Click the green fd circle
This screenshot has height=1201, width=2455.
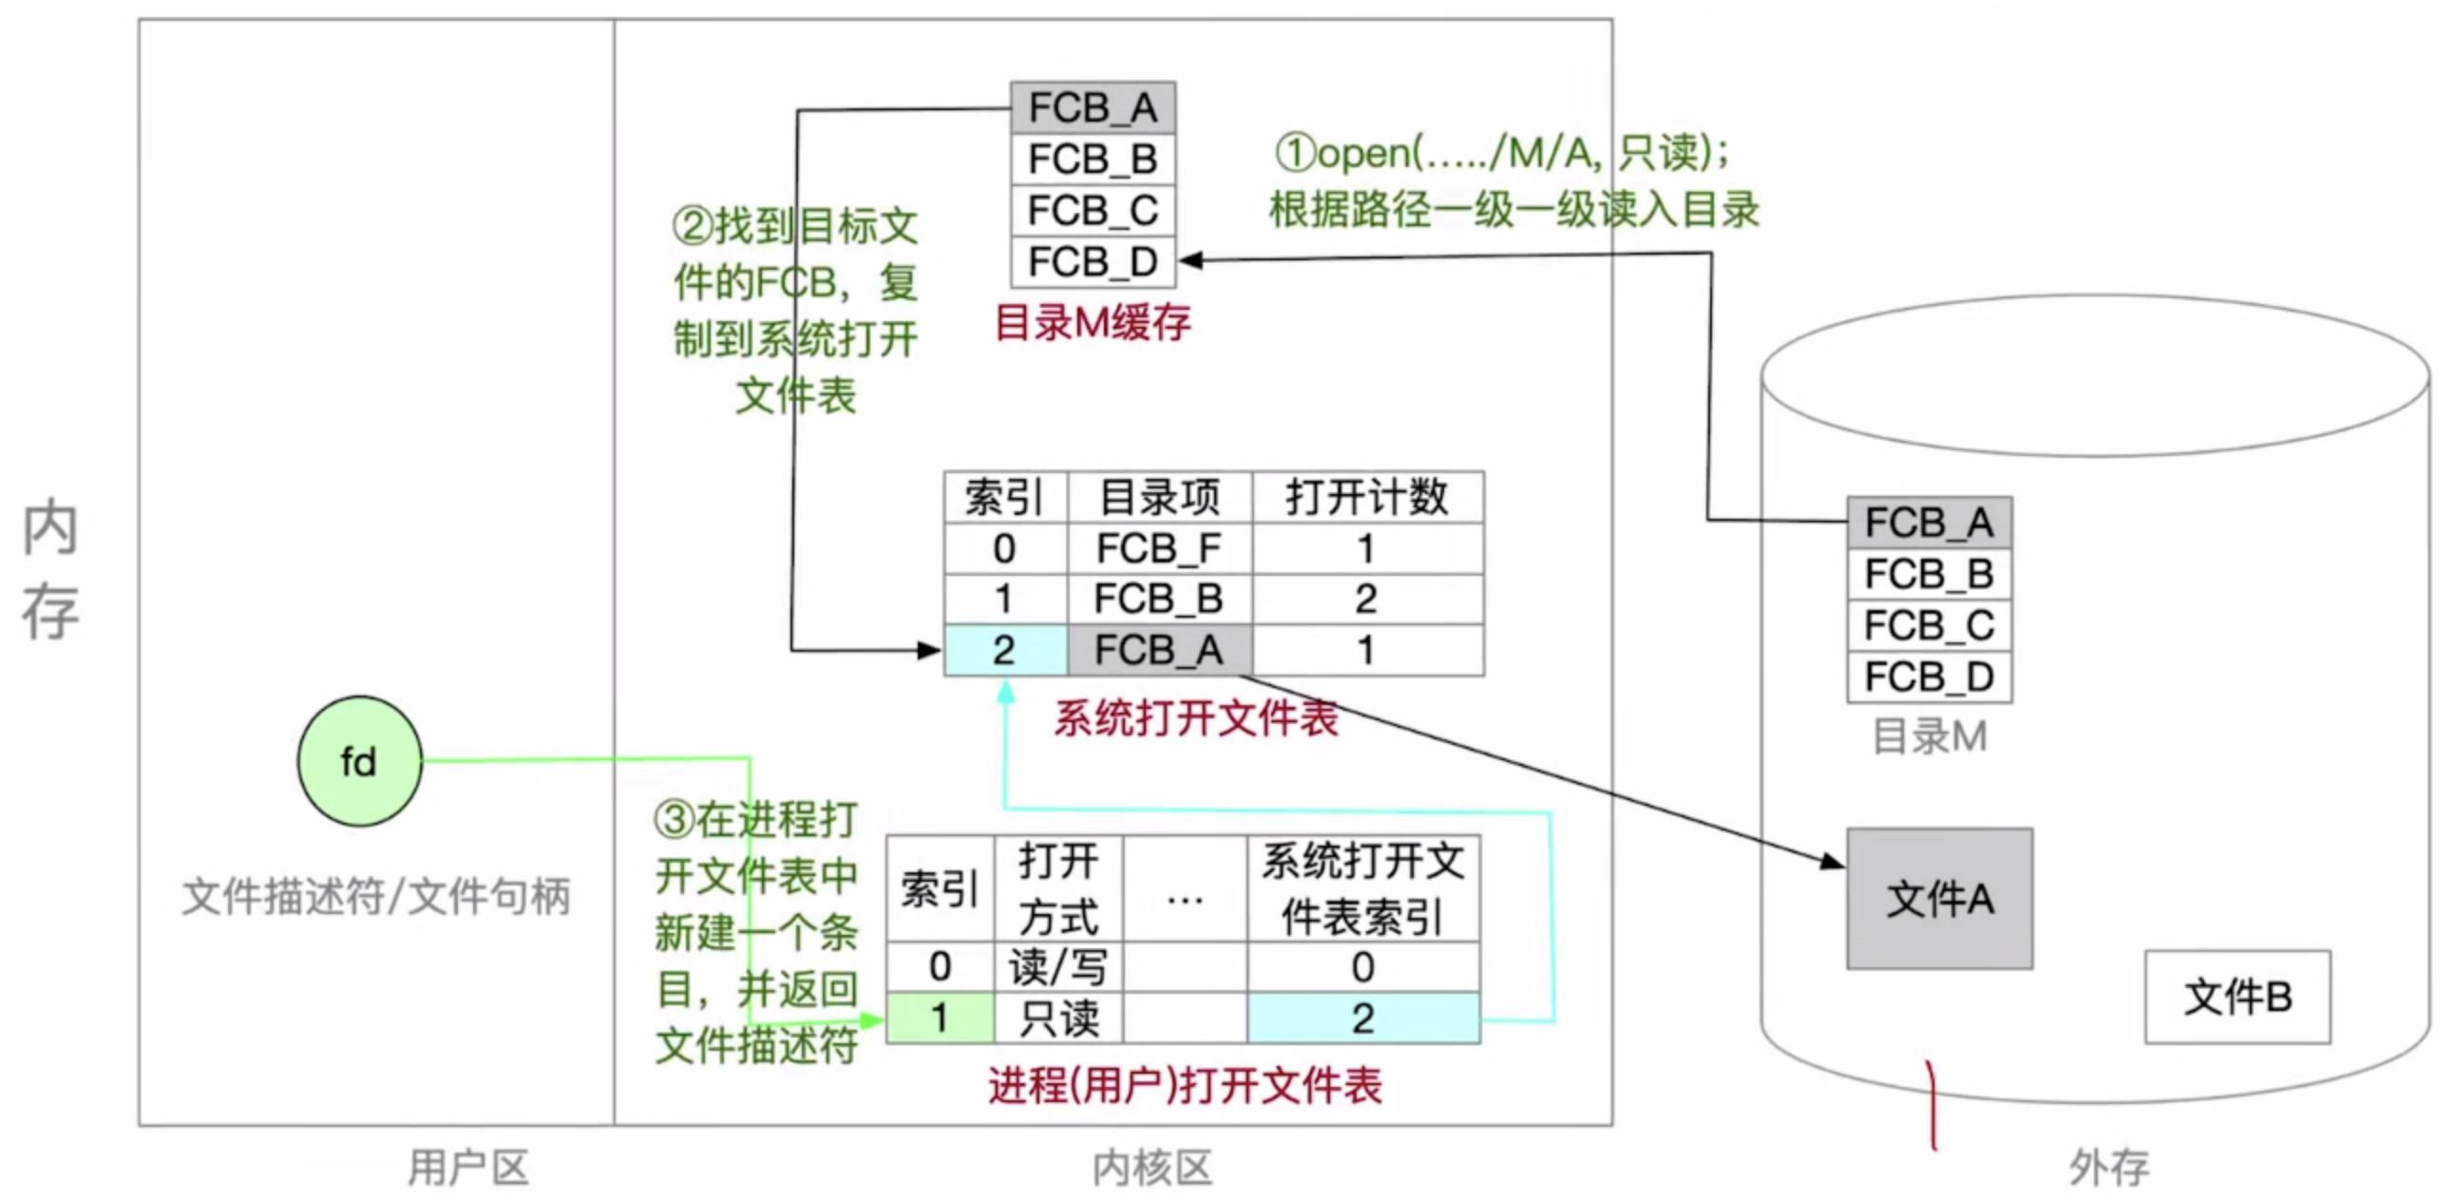coord(359,761)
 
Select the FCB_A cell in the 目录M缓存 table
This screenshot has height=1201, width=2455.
coord(1093,107)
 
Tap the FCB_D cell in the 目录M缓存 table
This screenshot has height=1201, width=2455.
coord(1093,261)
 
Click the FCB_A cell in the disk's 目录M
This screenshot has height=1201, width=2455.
coord(1929,523)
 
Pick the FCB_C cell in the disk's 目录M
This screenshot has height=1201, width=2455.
coord(1929,625)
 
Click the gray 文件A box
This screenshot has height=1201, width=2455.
coord(1939,898)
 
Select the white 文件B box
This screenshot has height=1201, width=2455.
coord(2236,996)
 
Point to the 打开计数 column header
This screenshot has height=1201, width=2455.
coord(1366,497)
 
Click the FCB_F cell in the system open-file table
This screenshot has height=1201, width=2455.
coord(1159,548)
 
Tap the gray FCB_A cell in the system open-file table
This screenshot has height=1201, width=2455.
coord(1159,650)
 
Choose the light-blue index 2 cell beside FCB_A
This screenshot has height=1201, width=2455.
coord(1004,650)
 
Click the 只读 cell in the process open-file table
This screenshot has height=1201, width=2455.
coord(1057,1018)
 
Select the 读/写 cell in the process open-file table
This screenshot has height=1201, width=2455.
coord(1057,967)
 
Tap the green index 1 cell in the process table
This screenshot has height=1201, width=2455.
coord(940,1018)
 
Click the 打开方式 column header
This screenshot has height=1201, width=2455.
coord(1057,888)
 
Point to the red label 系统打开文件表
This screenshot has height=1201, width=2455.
coord(1195,717)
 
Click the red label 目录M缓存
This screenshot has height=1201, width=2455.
coord(1093,323)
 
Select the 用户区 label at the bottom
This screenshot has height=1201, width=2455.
coord(468,1167)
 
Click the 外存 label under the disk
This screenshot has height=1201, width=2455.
coord(2109,1167)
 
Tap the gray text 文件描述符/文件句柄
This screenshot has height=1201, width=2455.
coord(375,896)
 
